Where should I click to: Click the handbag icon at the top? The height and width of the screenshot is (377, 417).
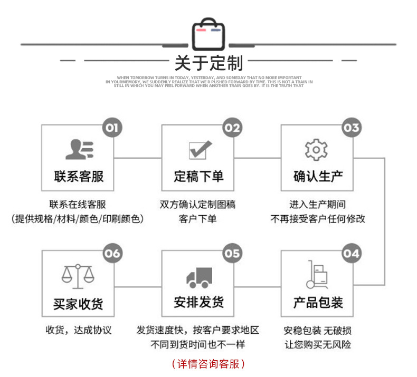(x=208, y=35)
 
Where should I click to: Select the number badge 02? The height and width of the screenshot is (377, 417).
(x=232, y=128)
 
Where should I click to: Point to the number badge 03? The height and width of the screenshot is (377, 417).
(x=351, y=128)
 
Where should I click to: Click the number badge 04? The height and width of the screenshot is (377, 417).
(x=351, y=254)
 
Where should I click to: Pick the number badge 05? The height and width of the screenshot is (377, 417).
(x=232, y=254)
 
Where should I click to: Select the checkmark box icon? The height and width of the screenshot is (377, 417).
(x=200, y=150)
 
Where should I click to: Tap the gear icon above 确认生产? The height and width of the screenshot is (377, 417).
(x=316, y=150)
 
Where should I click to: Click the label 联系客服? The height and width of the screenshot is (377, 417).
(x=79, y=176)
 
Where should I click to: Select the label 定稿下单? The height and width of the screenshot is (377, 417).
(x=198, y=176)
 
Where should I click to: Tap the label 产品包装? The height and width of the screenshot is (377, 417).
(x=318, y=303)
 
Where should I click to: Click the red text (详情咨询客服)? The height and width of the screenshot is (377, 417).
(x=209, y=364)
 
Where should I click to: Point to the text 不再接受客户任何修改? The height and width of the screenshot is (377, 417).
(x=318, y=218)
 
